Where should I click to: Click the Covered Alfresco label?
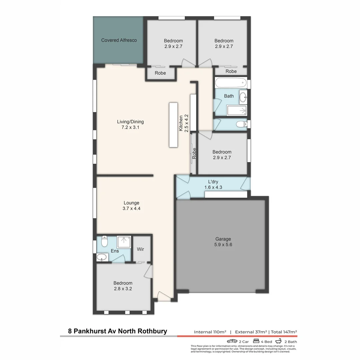119,40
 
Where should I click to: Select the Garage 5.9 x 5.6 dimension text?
223,245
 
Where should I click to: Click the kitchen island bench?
174,125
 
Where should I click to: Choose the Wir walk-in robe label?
140,249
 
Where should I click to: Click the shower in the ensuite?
124,241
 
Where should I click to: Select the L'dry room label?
213,182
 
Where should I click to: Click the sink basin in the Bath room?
243,96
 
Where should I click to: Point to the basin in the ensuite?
102,257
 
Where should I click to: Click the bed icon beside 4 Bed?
256,341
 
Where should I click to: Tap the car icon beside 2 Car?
232,341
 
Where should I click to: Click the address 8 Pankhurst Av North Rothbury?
117,331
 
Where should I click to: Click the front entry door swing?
163,296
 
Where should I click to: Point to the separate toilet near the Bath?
240,124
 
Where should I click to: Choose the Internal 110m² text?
210,332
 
